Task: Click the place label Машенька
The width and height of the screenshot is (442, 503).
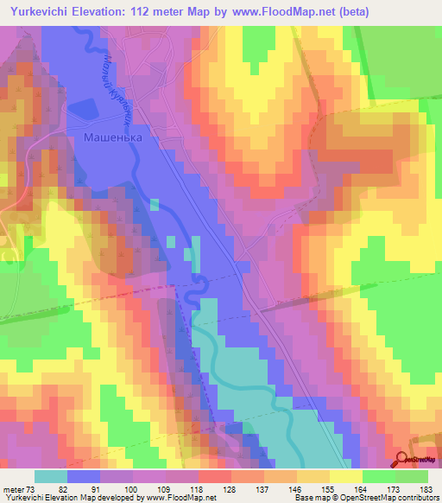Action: click(x=111, y=137)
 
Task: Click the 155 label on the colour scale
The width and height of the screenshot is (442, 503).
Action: click(x=325, y=489)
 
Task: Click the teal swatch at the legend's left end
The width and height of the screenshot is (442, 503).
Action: click(x=50, y=476)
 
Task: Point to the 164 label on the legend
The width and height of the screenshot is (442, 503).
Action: click(x=358, y=489)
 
